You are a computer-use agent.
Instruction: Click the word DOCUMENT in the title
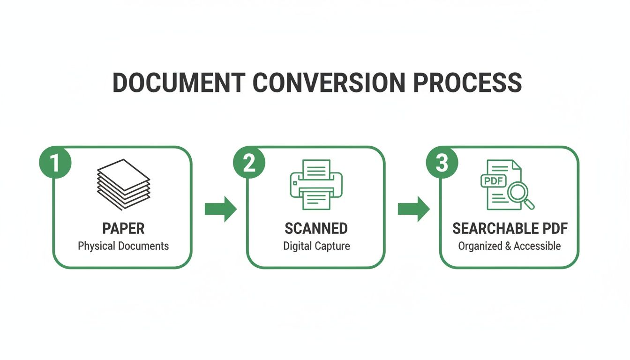(179, 82)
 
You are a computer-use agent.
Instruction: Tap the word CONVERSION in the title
(329, 82)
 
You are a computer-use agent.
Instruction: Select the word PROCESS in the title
(468, 82)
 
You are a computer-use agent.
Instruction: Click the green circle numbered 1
(55, 163)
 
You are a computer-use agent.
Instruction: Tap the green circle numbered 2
(249, 163)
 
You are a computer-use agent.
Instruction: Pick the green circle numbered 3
(442, 163)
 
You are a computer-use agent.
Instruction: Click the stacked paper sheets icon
(123, 185)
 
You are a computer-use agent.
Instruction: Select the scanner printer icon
(316, 184)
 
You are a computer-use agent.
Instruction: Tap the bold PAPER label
(123, 229)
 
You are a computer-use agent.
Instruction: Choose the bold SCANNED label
(316, 229)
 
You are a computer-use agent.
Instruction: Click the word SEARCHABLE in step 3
(488, 229)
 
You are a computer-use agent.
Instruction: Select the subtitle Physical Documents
(123, 246)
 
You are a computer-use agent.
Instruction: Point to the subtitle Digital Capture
(316, 246)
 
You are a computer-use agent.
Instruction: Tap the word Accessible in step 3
(538, 246)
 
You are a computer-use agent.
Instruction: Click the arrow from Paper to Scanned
(220, 209)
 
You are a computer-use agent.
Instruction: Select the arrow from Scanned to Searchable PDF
(413, 209)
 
